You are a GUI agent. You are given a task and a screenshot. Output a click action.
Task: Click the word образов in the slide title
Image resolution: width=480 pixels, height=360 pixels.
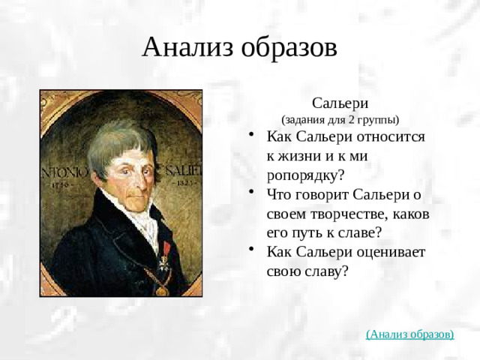click(x=289, y=47)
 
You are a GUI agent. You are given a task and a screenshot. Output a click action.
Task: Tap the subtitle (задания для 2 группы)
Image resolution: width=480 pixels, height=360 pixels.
click(x=340, y=119)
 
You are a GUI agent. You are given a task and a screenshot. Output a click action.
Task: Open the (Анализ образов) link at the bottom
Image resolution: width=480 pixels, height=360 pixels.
click(x=409, y=333)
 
